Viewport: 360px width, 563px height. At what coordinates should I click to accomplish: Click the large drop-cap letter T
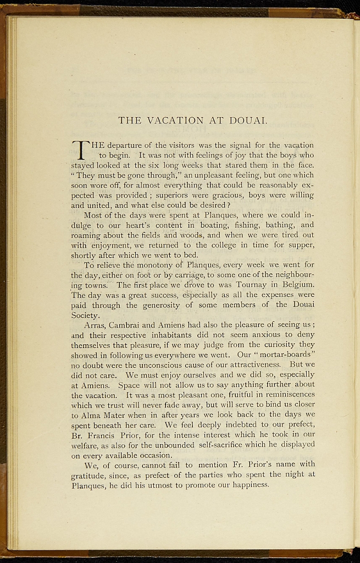[x=80, y=150]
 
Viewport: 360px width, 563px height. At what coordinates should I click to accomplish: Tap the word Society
[x=85, y=316]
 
